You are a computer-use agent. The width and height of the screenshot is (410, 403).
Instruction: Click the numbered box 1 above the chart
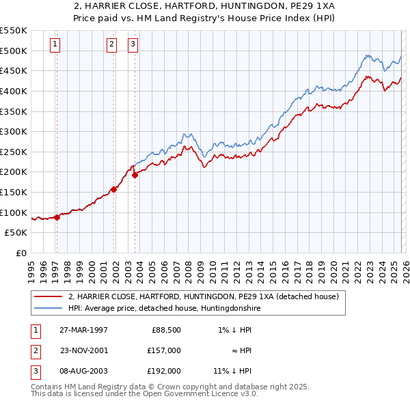point(55,45)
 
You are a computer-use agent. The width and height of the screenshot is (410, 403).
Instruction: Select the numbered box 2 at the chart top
point(111,45)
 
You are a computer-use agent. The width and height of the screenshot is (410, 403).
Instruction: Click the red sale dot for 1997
point(57,217)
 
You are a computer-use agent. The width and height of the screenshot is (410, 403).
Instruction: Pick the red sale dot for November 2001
point(114,189)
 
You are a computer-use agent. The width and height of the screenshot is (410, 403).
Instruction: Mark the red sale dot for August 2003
point(135,175)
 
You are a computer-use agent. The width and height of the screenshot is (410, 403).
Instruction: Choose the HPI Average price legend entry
point(164,309)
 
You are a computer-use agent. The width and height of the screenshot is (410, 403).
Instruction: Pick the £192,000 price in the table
point(164,371)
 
